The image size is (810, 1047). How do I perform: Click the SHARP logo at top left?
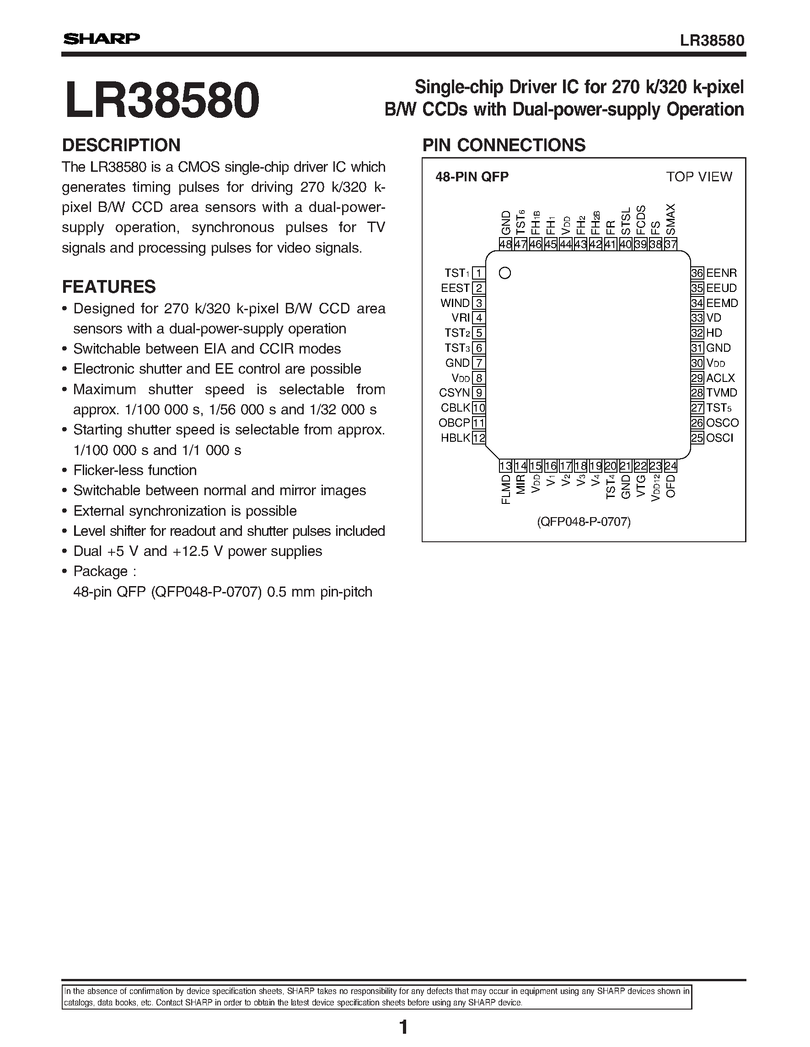tap(101, 39)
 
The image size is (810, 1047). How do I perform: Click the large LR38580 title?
tap(162, 100)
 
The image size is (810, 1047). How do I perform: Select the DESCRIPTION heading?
tap(121, 145)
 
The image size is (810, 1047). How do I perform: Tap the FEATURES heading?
tap(109, 287)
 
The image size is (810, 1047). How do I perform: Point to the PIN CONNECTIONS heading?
tap(504, 145)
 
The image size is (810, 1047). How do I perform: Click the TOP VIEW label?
tap(699, 177)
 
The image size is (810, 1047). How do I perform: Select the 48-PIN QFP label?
tap(472, 177)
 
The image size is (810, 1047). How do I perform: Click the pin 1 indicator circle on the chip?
tap(505, 273)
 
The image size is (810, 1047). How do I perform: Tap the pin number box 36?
tap(697, 273)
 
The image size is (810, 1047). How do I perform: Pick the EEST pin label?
tap(455, 288)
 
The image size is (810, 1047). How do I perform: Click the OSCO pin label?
tap(722, 423)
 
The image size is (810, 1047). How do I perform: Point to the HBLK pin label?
tap(456, 438)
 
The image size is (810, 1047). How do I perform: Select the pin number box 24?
tap(671, 466)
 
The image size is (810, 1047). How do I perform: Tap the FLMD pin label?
tap(506, 489)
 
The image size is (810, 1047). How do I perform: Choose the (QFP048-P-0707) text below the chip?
tap(584, 522)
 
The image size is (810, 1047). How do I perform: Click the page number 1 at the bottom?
tap(403, 1027)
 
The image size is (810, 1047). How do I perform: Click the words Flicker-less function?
tap(135, 471)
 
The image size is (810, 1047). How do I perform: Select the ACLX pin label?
tap(720, 378)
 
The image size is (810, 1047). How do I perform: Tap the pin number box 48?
tap(505, 244)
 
